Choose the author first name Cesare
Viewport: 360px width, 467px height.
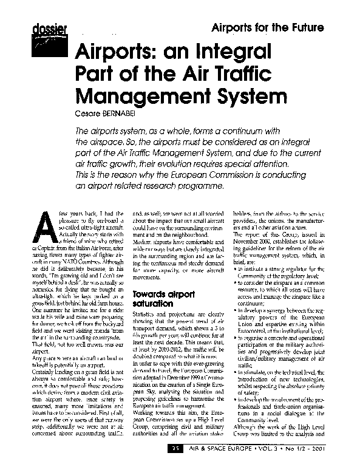[87, 114]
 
